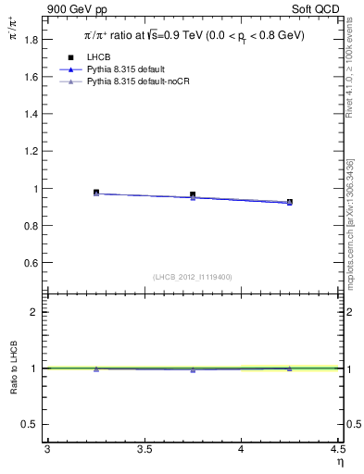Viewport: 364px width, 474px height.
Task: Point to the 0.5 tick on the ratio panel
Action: tap(34, 424)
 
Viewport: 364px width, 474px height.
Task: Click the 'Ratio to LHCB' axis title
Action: tap(14, 368)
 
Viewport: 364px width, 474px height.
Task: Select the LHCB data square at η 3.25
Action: tap(96, 193)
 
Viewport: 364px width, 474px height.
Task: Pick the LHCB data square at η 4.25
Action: tap(290, 202)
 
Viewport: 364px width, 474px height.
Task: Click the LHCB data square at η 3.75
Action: tap(193, 195)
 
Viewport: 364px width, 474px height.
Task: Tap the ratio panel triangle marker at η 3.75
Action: tap(193, 369)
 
